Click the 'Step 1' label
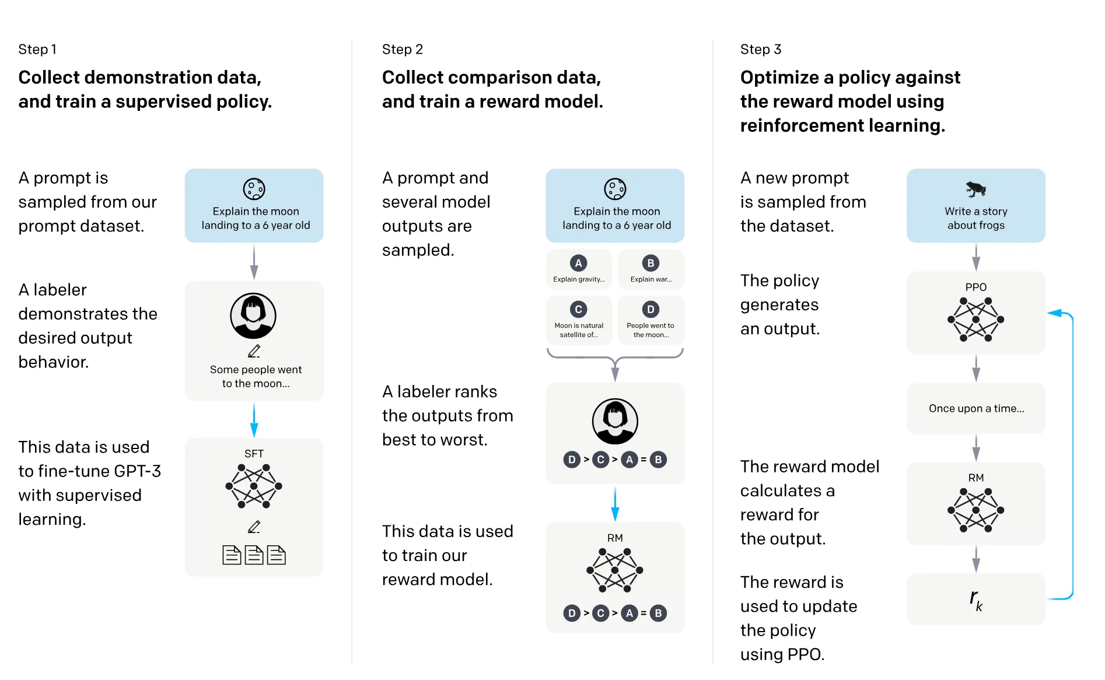(x=37, y=50)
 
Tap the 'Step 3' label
(x=760, y=50)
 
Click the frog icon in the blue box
(x=975, y=188)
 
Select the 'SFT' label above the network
(x=254, y=454)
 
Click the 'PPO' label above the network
(x=975, y=287)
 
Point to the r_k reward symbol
(x=975, y=599)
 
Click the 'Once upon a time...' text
(x=976, y=408)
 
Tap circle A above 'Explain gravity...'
(x=578, y=263)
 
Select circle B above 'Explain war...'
(x=651, y=263)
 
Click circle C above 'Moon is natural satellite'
(x=578, y=309)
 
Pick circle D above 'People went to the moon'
(x=651, y=309)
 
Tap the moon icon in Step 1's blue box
(x=254, y=189)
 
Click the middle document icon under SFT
(x=254, y=555)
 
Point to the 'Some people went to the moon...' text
(x=256, y=376)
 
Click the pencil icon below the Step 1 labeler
(x=254, y=351)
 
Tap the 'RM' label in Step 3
(x=975, y=478)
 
